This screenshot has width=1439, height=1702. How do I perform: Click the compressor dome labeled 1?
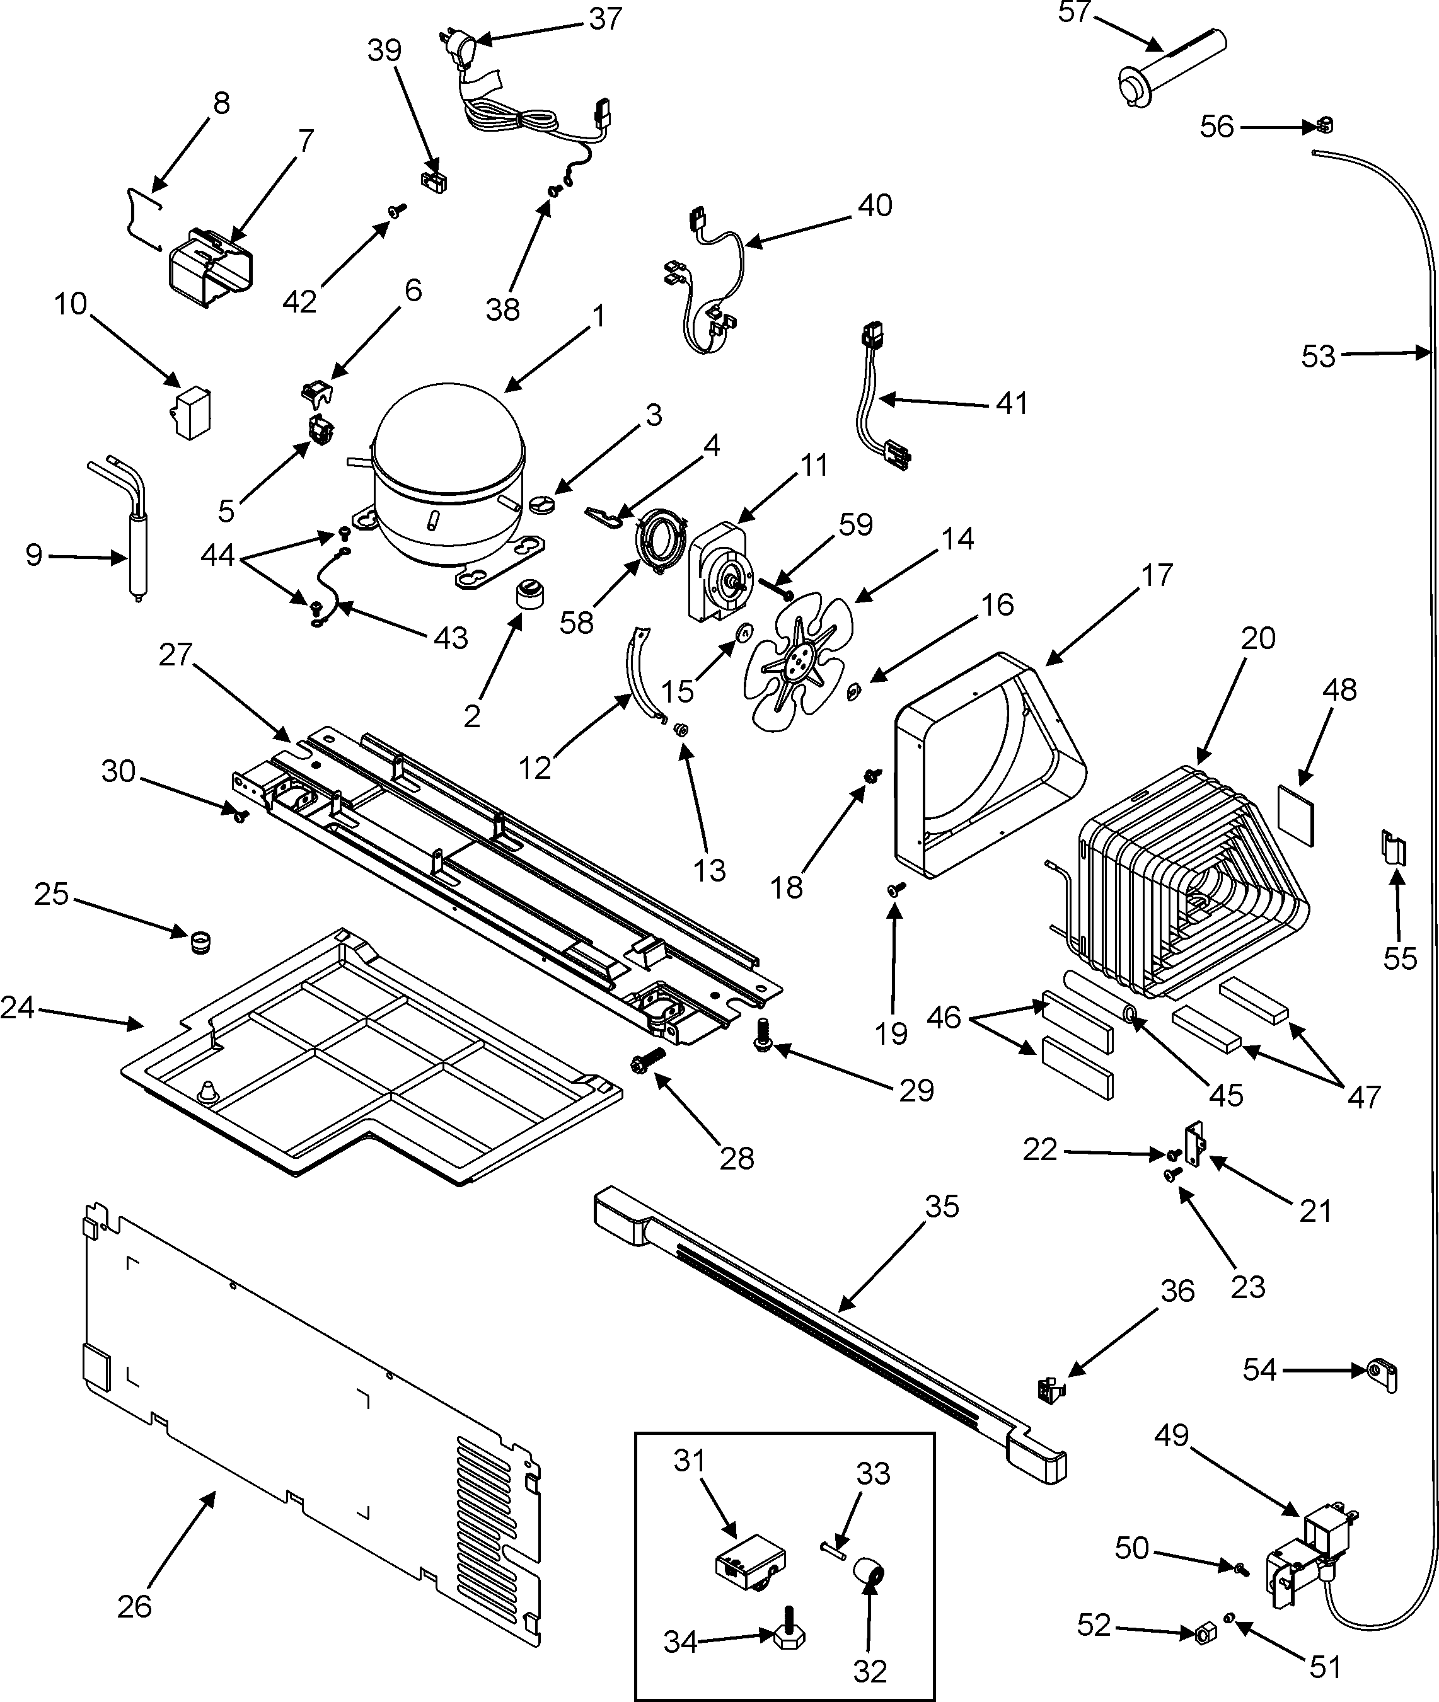tap(444, 481)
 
